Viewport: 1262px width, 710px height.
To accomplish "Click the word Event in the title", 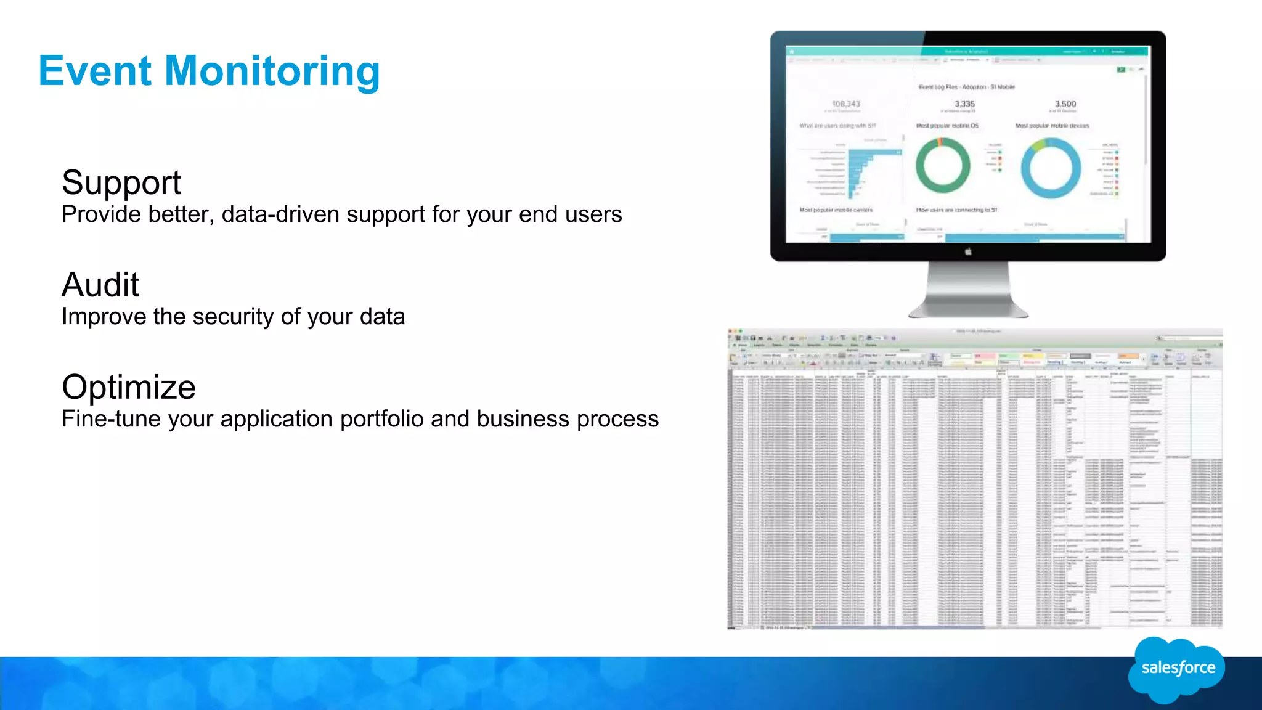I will [x=95, y=71].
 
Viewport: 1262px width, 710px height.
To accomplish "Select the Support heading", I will [x=121, y=183].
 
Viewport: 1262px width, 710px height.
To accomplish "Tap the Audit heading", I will [x=100, y=285].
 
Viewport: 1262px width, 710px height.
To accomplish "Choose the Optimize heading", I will [x=129, y=387].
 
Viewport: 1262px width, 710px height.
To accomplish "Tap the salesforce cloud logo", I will [x=1177, y=669].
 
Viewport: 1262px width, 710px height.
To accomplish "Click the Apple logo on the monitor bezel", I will [x=968, y=251].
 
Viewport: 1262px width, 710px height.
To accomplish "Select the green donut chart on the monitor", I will [x=943, y=165].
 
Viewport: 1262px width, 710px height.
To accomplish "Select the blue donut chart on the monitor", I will [x=1051, y=168].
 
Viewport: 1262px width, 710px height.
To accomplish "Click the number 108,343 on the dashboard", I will [x=846, y=104].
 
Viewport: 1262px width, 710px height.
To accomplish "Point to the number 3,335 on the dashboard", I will [x=965, y=104].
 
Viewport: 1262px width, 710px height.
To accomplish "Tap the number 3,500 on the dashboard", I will [x=1065, y=104].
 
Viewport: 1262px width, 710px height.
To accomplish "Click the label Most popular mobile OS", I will [x=947, y=126].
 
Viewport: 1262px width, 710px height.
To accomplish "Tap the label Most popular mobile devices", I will [x=1052, y=126].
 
